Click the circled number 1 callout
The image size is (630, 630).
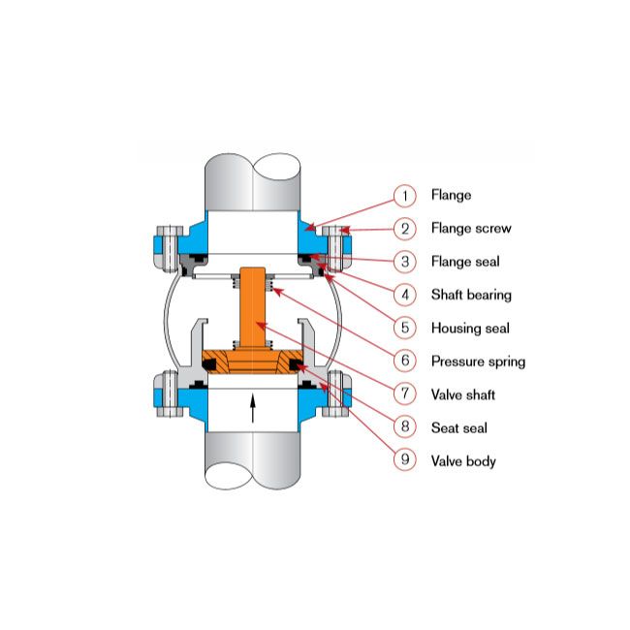pyautogui.click(x=404, y=196)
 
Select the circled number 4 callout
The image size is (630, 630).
pyautogui.click(x=404, y=295)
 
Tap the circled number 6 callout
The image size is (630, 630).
pyautogui.click(x=404, y=361)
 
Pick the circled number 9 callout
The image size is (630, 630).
pyautogui.click(x=404, y=459)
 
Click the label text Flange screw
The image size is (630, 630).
pyautogui.click(x=471, y=228)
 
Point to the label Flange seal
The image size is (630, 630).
pyautogui.click(x=465, y=262)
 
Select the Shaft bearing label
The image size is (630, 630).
pyautogui.click(x=471, y=295)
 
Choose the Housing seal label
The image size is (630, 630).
pyautogui.click(x=470, y=329)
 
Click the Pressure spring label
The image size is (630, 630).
pyautogui.click(x=478, y=362)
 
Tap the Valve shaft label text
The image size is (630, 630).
pyautogui.click(x=463, y=394)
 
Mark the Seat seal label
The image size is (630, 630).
pyautogui.click(x=458, y=427)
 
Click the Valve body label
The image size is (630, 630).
pyautogui.click(x=463, y=461)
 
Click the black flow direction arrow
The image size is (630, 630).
pyautogui.click(x=253, y=408)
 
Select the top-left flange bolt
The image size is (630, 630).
pyautogui.click(x=170, y=248)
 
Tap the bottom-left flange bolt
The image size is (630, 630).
pyautogui.click(x=170, y=394)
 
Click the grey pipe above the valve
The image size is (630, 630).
pyautogui.click(x=253, y=182)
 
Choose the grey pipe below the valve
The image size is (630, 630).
pyautogui.click(x=253, y=460)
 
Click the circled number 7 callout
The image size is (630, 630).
pyautogui.click(x=404, y=394)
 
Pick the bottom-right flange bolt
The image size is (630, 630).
pyautogui.click(x=336, y=394)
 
